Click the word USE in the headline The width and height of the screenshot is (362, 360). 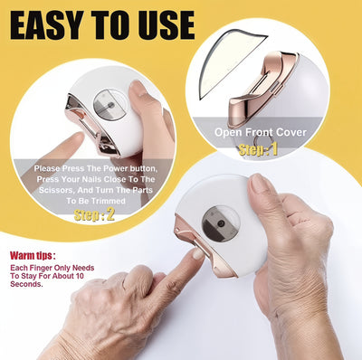[164, 24]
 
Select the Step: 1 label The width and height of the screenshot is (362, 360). [260, 150]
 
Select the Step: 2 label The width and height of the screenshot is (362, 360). [95, 215]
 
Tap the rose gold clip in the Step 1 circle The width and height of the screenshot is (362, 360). [262, 91]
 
